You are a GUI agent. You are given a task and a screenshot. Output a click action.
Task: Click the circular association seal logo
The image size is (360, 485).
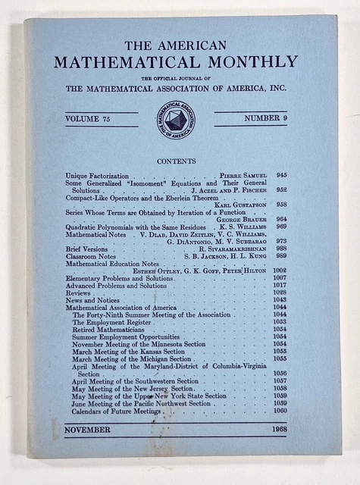click(x=176, y=120)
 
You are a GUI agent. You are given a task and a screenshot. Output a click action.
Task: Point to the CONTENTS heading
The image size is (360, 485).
click(x=176, y=161)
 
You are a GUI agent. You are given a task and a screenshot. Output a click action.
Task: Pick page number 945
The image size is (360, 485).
click(x=281, y=176)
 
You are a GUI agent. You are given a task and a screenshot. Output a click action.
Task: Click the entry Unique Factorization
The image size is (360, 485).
click(x=97, y=176)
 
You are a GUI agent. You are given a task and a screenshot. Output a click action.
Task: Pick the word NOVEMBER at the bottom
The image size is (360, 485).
click(x=87, y=430)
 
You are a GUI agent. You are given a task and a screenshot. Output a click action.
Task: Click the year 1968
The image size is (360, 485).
click(x=276, y=430)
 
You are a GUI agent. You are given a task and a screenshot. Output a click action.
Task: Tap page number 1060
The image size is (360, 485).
click(x=280, y=410)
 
